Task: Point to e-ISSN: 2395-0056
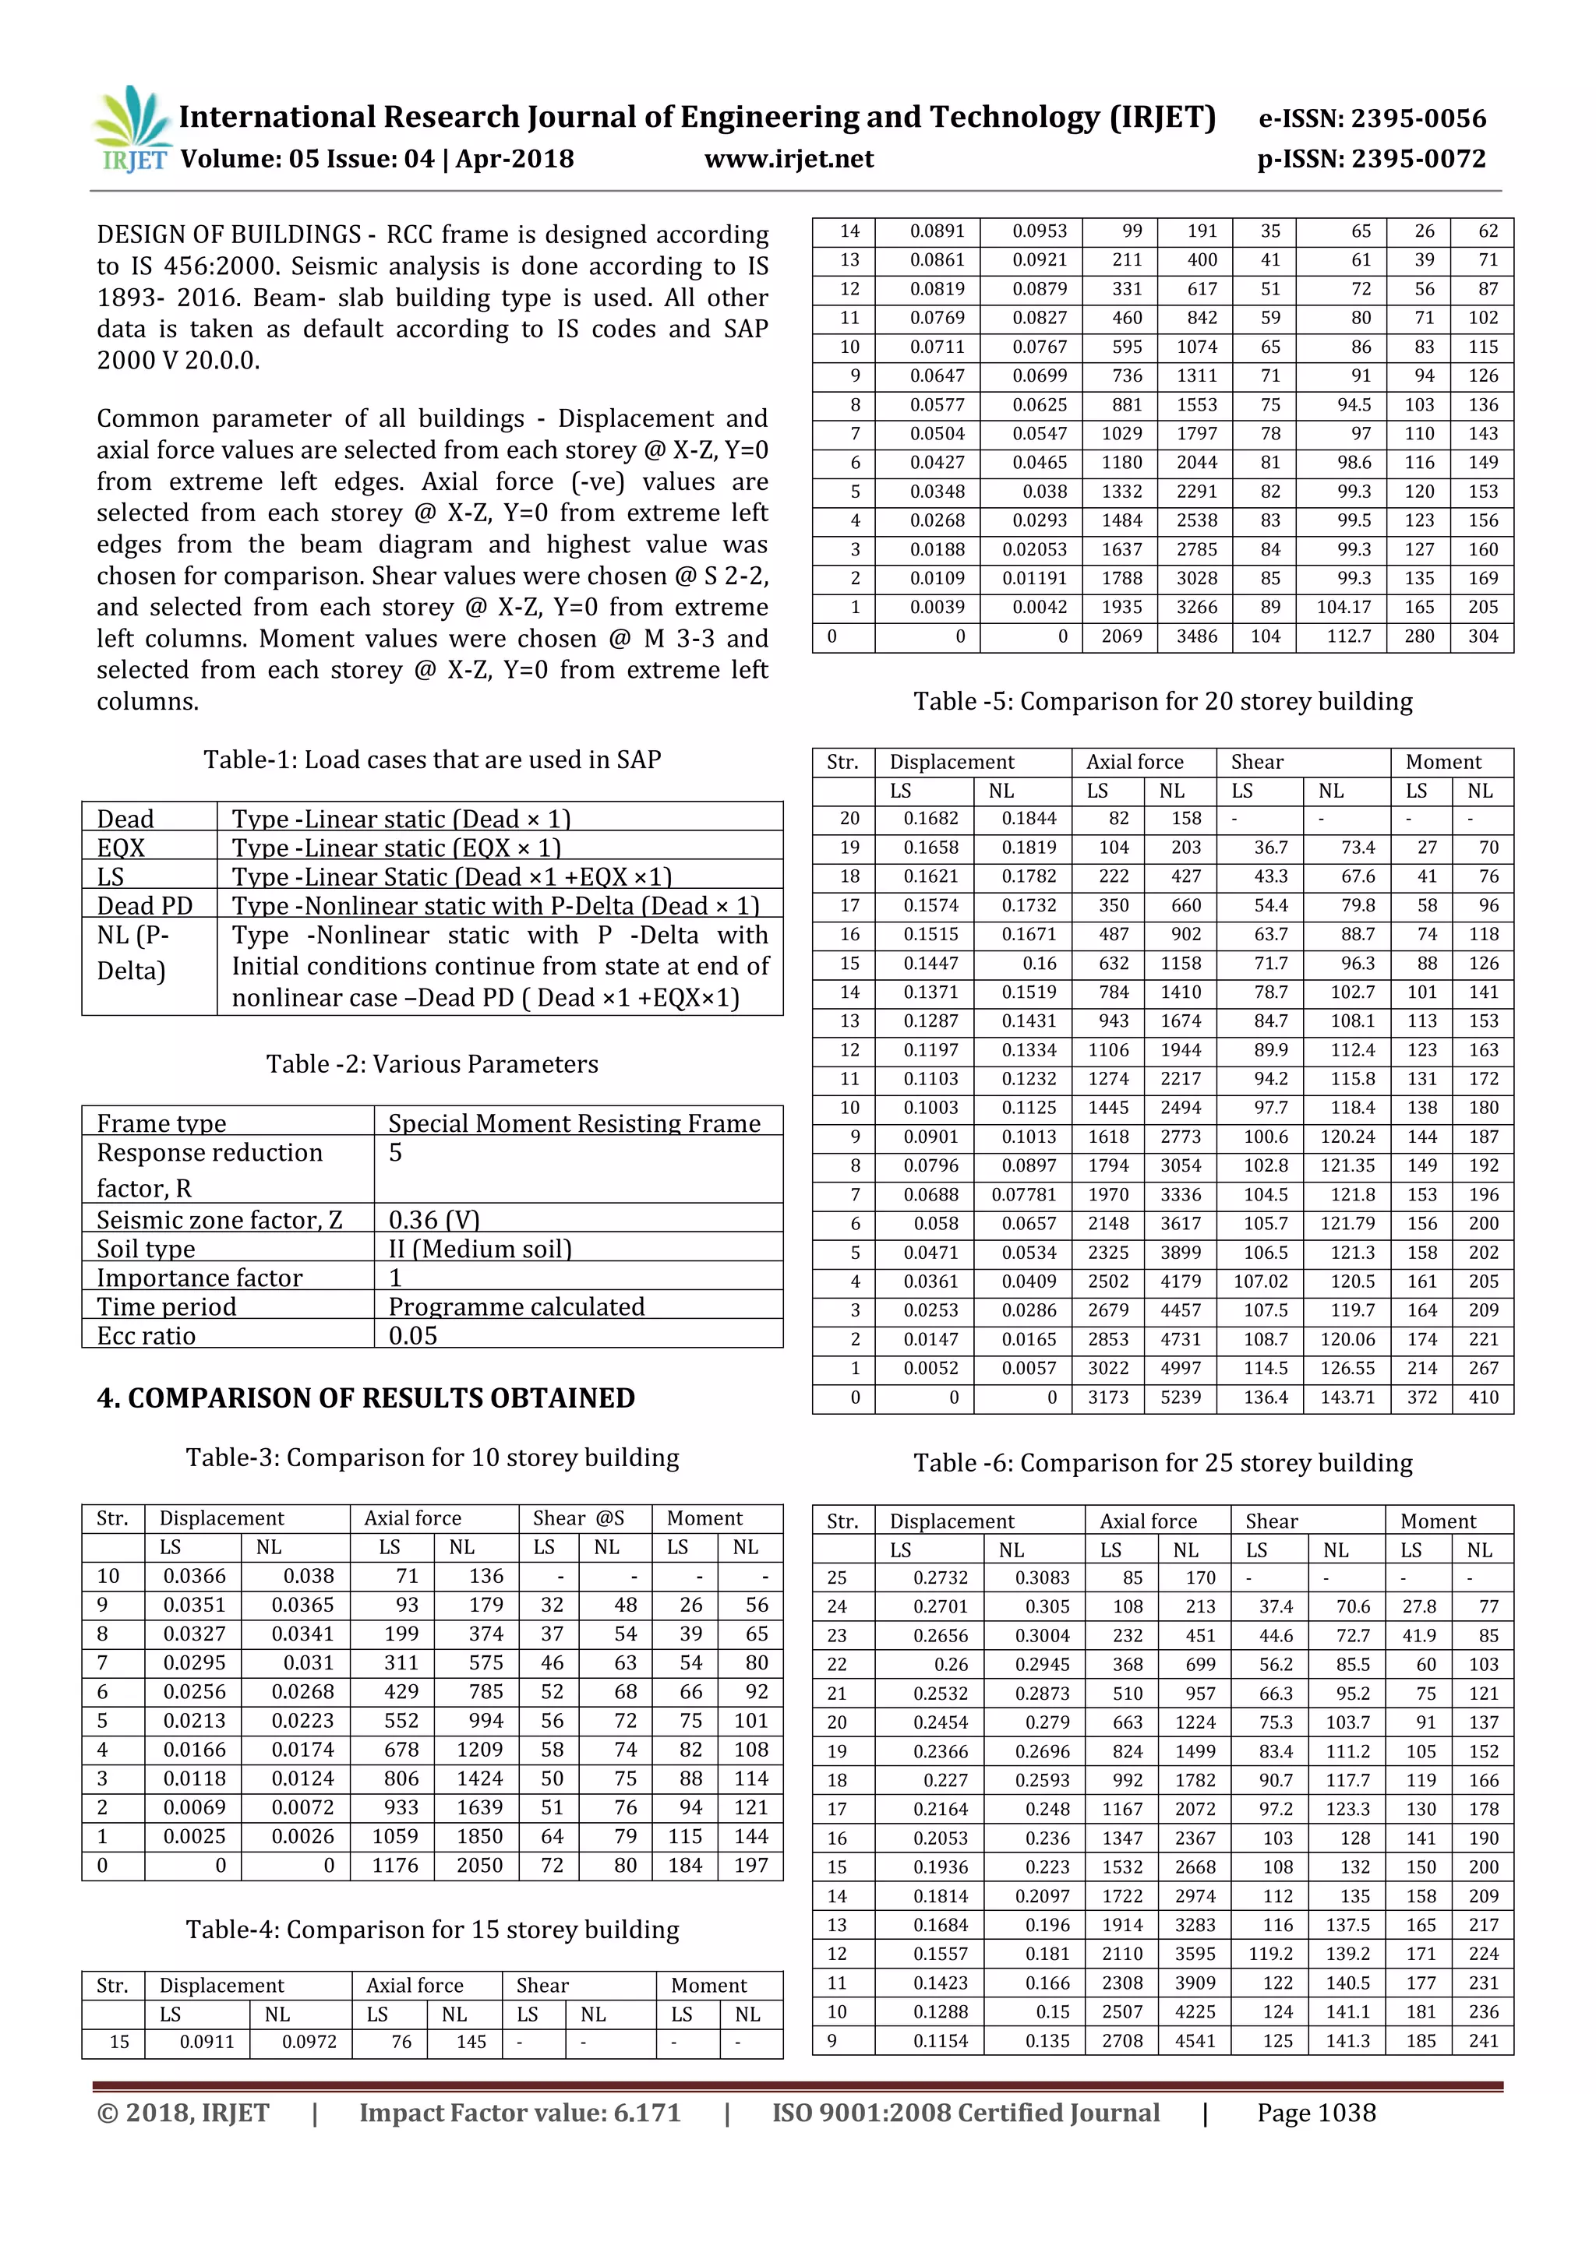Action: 1372,119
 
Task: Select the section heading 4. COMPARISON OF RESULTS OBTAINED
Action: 365,1398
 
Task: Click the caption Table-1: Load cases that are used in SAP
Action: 432,760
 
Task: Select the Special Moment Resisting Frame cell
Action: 574,1123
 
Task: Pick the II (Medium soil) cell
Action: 479,1249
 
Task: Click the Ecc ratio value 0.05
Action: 413,1335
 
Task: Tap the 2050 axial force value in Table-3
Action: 478,1865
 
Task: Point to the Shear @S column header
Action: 578,1518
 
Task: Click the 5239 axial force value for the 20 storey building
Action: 1181,1398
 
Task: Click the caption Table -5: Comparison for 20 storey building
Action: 1163,702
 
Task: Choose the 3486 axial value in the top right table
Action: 1196,636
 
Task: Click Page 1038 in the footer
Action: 1316,2113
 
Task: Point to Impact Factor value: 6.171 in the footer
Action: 520,2113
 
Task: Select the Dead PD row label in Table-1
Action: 144,906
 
